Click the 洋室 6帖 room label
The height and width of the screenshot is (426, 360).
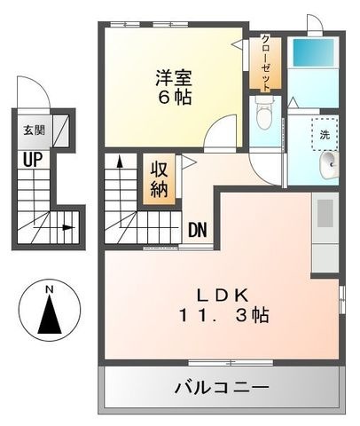174,87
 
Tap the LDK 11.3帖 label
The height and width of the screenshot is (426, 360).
223,305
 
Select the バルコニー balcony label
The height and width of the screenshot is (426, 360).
222,387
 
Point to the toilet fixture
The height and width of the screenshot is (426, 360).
264,113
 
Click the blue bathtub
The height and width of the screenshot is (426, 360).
313,53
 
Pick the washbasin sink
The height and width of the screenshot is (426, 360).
329,165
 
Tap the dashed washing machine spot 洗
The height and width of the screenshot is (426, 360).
325,135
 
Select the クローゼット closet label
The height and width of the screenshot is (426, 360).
266,63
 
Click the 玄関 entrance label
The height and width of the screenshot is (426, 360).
34,130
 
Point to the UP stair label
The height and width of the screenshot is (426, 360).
33,160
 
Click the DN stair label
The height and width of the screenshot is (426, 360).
198,230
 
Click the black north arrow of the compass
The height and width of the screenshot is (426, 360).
50,314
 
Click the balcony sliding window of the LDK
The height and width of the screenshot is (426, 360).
231,362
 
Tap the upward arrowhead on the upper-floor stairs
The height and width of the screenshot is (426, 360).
120,162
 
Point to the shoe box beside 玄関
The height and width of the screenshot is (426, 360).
61,130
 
